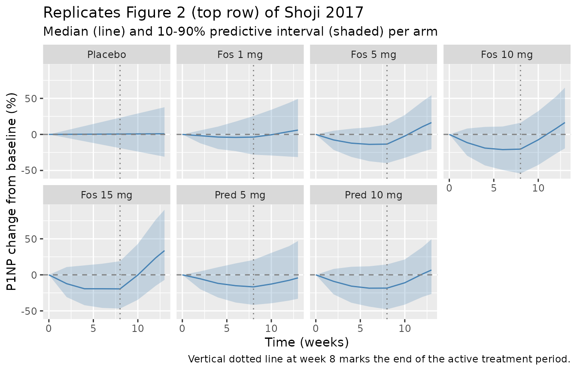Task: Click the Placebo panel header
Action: (106, 55)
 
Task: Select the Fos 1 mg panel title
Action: (240, 55)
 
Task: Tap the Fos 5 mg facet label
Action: (374, 55)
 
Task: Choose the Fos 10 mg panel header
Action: (507, 55)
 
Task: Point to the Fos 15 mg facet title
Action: (106, 195)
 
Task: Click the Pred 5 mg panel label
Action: (240, 195)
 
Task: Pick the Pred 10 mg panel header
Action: (374, 195)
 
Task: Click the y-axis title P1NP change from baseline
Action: (11, 192)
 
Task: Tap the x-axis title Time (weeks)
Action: (307, 342)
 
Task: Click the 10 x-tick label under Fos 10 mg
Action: (538, 188)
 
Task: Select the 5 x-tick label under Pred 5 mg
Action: (227, 328)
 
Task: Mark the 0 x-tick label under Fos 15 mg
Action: (49, 328)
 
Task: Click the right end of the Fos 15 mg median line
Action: (164, 251)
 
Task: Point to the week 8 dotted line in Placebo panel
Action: (120, 122)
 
